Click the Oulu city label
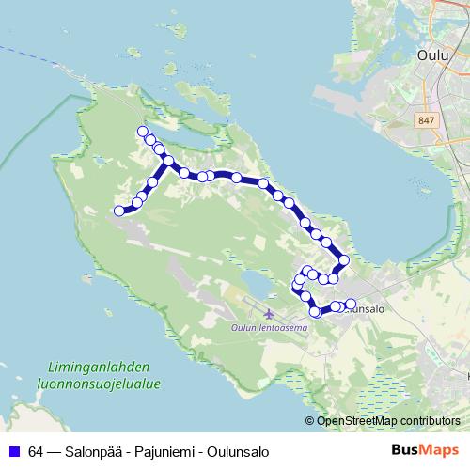[431, 55]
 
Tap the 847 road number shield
[427, 119]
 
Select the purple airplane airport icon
[271, 313]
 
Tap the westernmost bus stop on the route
[119, 211]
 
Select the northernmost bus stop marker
[143, 132]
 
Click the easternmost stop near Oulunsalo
[352, 305]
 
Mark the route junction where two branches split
[169, 161]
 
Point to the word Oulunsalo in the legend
[239, 450]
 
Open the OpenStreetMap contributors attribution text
[388, 420]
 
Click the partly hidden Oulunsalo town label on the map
[366, 308]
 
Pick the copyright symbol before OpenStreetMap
[311, 420]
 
